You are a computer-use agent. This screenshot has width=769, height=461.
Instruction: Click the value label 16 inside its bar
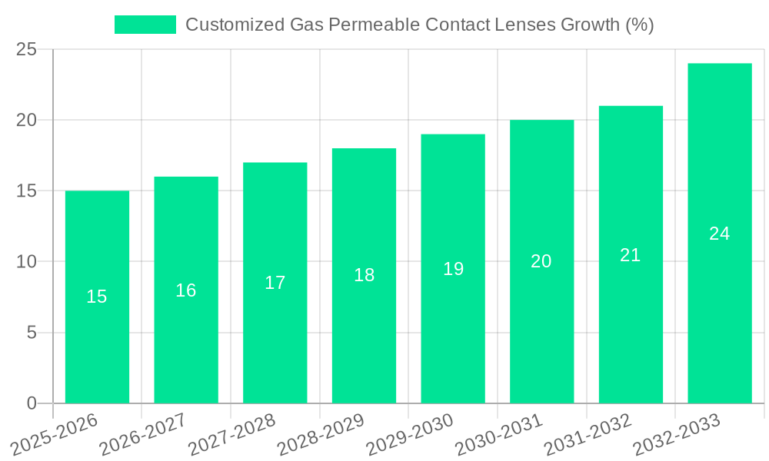coord(186,290)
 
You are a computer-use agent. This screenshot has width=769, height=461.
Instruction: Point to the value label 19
coord(453,269)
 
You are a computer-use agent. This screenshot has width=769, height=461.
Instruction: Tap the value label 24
coord(720,234)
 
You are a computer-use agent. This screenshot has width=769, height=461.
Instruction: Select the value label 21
coord(631,255)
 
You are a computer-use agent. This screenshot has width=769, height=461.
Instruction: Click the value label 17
coord(275,283)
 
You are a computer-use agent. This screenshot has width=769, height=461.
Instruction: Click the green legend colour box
coord(145,25)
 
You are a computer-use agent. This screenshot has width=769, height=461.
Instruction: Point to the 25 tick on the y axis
coord(27,49)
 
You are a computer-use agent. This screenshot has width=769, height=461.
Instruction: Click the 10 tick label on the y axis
coord(27,262)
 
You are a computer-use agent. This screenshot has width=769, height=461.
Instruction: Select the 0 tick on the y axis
coord(32,403)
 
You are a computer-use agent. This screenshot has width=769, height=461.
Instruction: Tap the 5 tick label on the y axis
coord(32,333)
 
